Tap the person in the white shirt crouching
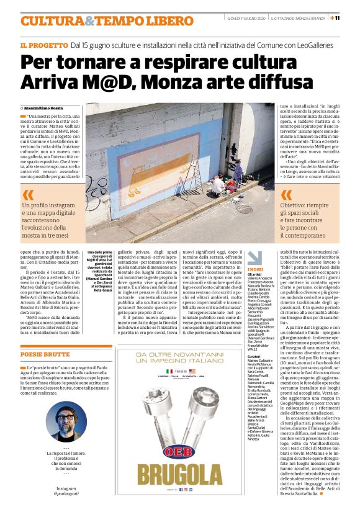pyautogui.click(x=218, y=184)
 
